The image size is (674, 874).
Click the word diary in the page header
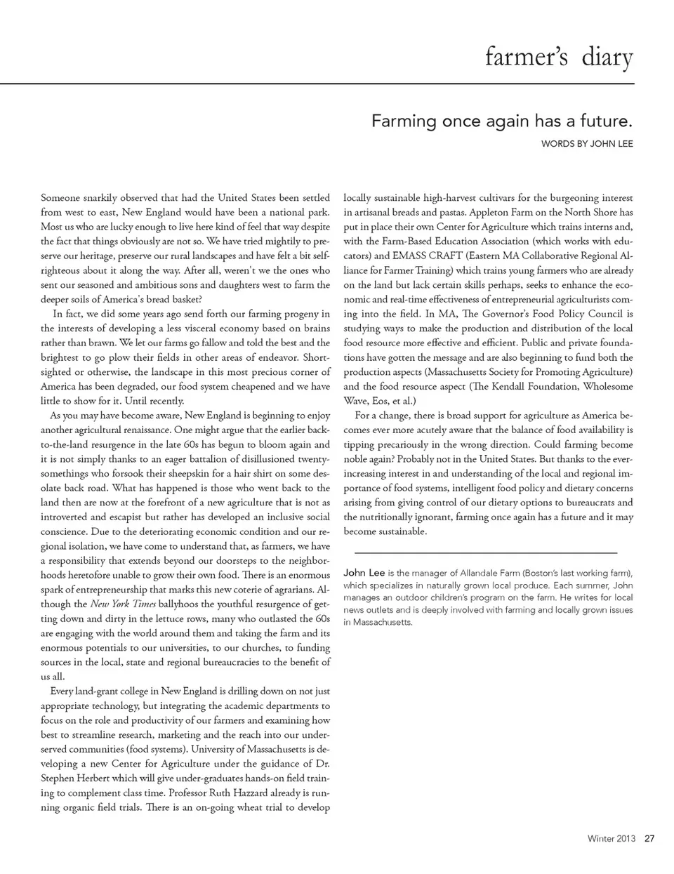tap(607, 57)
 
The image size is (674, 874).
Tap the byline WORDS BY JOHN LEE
tap(587, 144)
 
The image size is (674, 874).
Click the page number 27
tap(649, 838)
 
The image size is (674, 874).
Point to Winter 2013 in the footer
tap(611, 838)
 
